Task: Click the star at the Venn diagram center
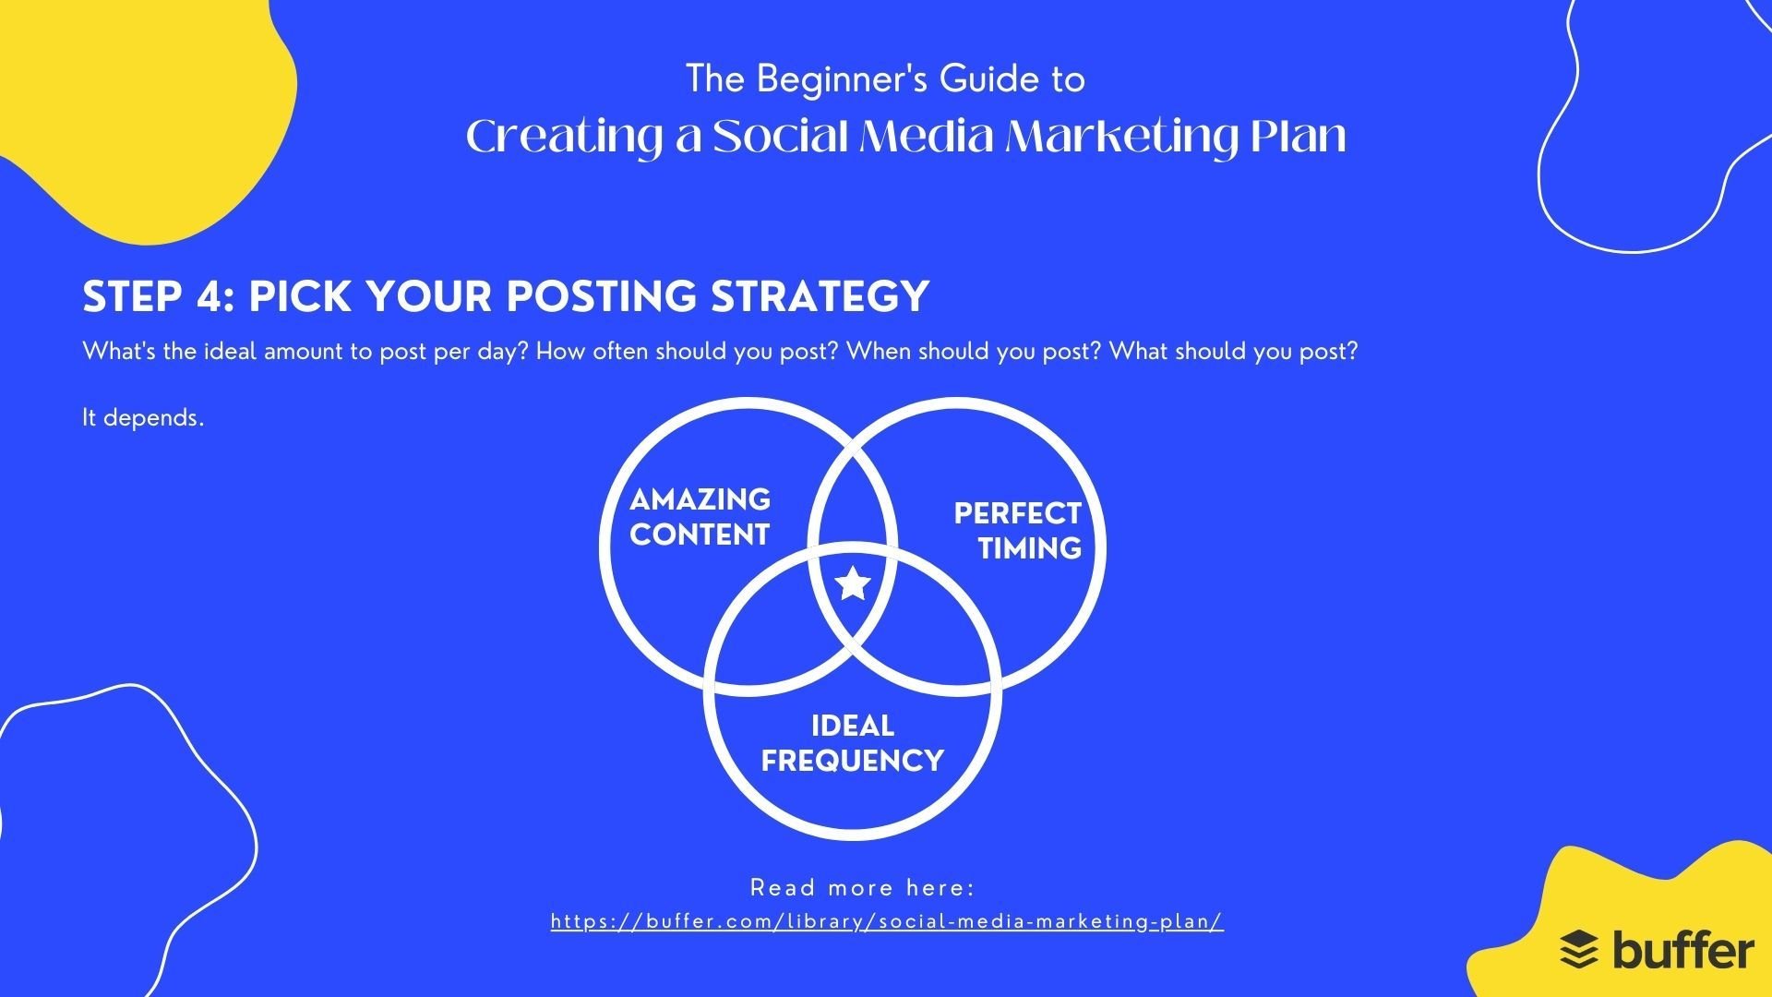[x=853, y=583]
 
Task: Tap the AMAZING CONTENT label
[x=700, y=517]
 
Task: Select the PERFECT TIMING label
[x=1017, y=531]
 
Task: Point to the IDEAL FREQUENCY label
[x=852, y=743]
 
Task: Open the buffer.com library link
[x=887, y=921]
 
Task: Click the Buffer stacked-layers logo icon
[x=1579, y=950]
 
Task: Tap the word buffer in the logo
[x=1682, y=949]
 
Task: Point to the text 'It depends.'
[x=143, y=417]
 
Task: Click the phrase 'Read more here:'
[x=862, y=888]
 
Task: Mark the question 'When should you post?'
[x=974, y=352]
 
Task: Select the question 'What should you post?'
[x=1234, y=352]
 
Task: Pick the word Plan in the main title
[x=1299, y=137]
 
